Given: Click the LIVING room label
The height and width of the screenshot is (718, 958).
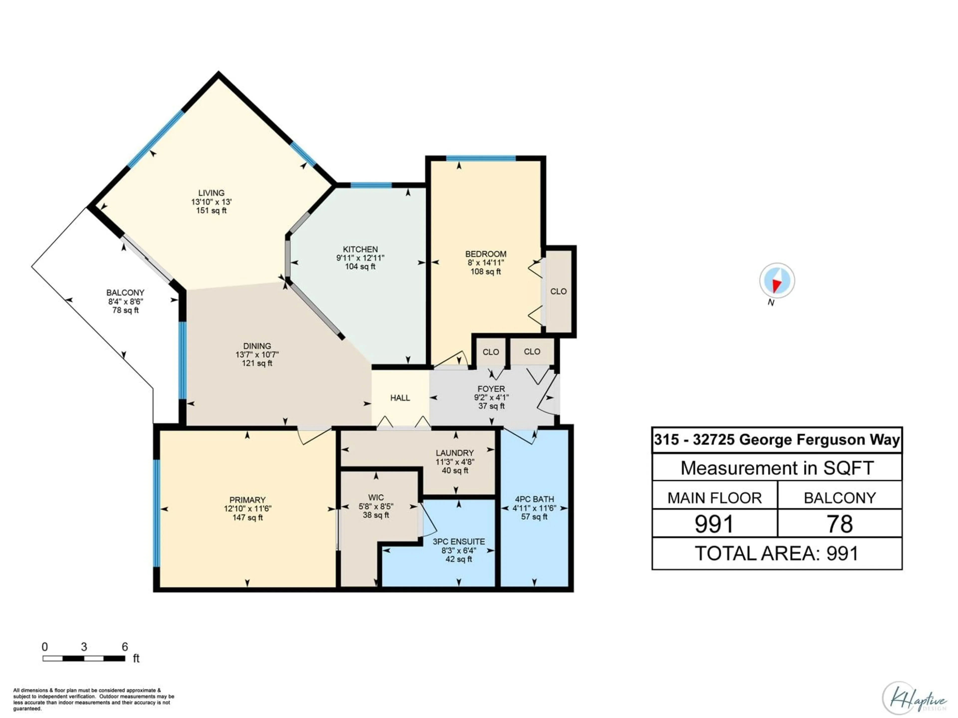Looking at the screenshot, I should click(211, 193).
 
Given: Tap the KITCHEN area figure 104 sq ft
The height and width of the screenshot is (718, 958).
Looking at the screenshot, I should click(360, 267).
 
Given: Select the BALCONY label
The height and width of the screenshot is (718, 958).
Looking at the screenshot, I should click(125, 293).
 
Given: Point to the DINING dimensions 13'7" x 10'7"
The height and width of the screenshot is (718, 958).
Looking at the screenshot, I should click(257, 355).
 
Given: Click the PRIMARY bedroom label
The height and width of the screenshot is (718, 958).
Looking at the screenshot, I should click(247, 500).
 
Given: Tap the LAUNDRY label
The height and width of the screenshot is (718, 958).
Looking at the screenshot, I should click(455, 453).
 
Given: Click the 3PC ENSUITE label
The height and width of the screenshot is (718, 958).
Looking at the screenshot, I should click(459, 541).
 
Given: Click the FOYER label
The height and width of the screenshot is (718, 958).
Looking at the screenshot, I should click(491, 389).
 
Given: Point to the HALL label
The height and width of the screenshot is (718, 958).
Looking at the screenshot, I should click(400, 398).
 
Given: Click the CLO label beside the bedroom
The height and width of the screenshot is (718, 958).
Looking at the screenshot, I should click(558, 291).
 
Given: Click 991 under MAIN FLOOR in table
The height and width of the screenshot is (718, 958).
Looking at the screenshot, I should click(714, 524).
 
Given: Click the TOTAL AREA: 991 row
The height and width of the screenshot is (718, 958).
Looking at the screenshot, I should click(777, 553).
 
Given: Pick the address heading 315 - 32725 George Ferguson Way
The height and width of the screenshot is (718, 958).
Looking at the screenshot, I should click(777, 440).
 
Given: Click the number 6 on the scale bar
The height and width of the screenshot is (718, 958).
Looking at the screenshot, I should click(125, 647).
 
